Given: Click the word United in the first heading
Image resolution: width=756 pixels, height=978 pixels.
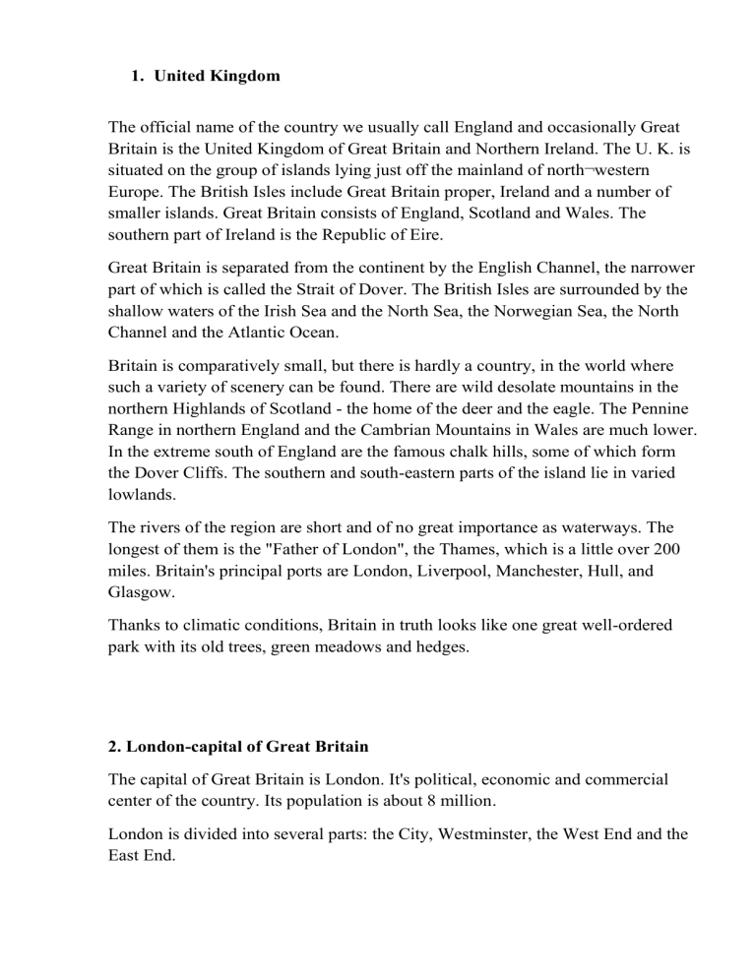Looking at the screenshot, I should tap(176, 76).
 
